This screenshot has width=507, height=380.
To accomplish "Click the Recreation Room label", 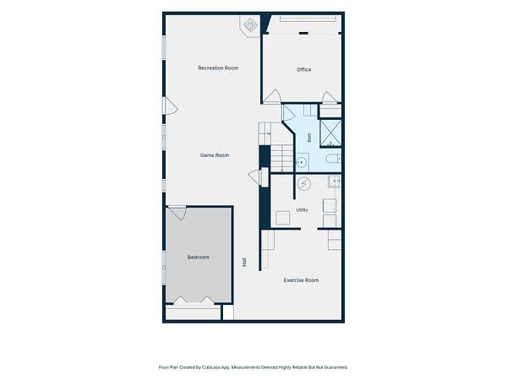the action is (218, 68).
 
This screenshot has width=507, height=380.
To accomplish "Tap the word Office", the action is (304, 69).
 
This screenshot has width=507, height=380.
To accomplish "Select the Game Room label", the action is (215, 155).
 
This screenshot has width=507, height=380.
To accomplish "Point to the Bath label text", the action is (309, 138).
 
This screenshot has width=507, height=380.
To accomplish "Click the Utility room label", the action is (302, 209).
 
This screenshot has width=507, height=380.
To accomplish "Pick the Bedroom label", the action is (199, 258).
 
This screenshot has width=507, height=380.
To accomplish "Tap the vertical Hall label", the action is (244, 262).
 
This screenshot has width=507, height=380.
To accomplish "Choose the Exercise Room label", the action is (301, 280).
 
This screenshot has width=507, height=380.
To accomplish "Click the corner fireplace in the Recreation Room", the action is (249, 25).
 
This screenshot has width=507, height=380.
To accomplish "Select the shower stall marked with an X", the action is (330, 133).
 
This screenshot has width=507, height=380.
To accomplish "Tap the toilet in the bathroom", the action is (333, 159).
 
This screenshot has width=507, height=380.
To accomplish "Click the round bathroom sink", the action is (302, 162).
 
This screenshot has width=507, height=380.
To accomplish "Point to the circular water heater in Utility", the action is (303, 184).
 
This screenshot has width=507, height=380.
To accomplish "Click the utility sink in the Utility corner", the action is (335, 182).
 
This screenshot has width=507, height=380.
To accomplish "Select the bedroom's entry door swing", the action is (177, 213).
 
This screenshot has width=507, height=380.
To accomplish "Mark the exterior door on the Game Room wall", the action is (171, 106).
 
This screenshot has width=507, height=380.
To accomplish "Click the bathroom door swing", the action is (288, 113).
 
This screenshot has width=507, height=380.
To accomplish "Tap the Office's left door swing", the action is (272, 96).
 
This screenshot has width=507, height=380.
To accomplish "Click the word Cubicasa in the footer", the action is (211, 367).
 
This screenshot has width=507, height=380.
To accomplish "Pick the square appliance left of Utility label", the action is (283, 218).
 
